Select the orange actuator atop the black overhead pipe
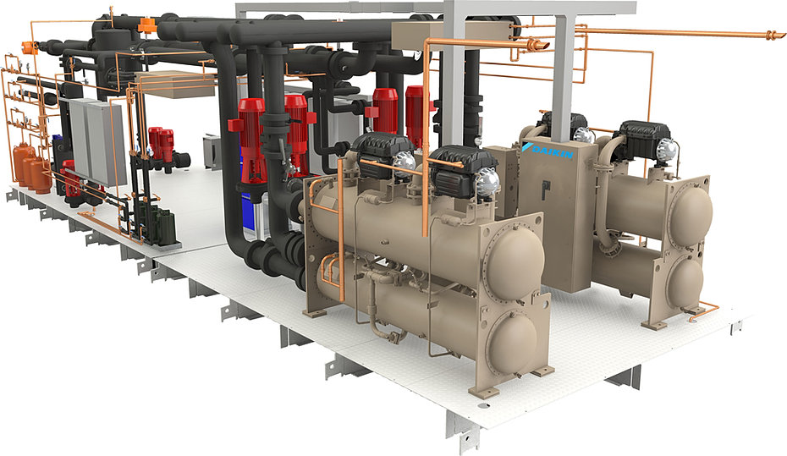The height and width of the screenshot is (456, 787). click(x=146, y=25)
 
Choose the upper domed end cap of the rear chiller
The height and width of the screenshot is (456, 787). click(x=691, y=212)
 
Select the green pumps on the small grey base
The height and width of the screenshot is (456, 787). click(x=162, y=223)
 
